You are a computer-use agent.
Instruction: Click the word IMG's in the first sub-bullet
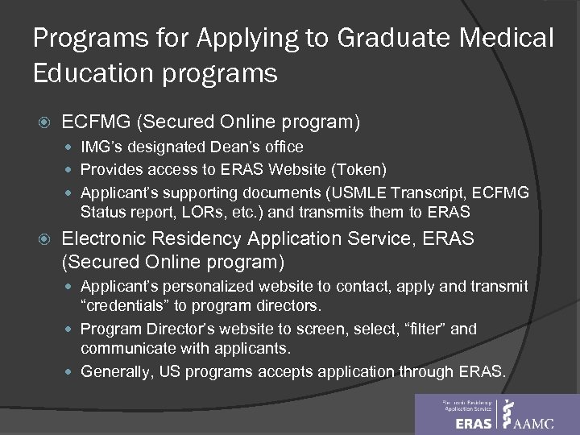point(101,147)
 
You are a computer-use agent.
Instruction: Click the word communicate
point(133,350)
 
